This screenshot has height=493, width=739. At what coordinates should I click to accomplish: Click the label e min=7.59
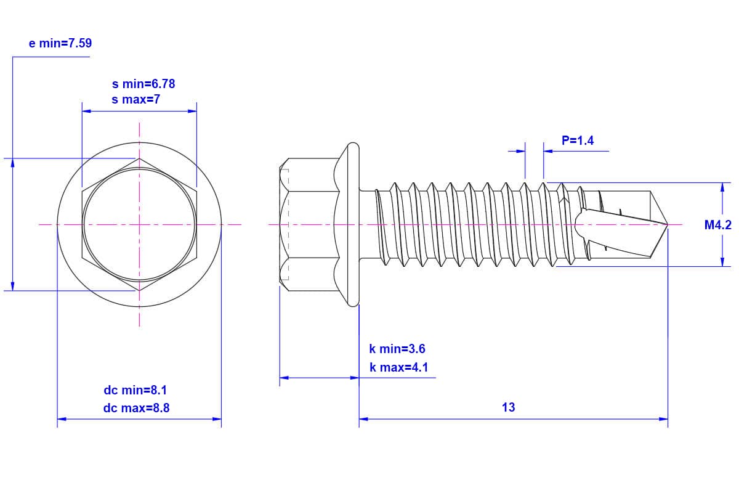click(60, 43)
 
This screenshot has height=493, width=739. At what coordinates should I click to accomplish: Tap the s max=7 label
click(135, 99)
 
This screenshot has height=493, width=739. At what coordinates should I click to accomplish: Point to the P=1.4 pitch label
click(578, 141)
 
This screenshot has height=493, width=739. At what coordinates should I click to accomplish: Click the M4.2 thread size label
click(717, 225)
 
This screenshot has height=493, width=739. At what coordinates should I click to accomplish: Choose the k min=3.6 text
click(397, 349)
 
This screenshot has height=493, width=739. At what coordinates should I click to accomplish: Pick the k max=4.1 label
click(398, 368)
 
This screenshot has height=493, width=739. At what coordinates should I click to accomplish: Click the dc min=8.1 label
click(135, 390)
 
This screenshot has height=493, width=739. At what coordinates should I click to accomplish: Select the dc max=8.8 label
click(136, 407)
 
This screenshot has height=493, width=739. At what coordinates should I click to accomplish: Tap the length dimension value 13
click(508, 407)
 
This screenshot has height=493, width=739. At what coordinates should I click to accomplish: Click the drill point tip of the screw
click(668, 225)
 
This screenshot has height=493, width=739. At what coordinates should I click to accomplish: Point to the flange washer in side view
click(353, 225)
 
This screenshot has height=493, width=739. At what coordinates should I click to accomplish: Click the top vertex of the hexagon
click(139, 158)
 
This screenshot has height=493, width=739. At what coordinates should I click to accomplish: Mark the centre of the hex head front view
click(139, 225)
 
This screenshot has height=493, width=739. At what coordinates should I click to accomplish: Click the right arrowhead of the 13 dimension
click(664, 419)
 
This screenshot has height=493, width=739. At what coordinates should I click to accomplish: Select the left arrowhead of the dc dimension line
click(61, 419)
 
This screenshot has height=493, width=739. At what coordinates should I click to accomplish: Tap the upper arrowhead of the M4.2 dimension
click(722, 186)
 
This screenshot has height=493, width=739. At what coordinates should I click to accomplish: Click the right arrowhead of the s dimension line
click(193, 112)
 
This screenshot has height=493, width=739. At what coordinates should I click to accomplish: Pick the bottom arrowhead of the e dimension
click(12, 286)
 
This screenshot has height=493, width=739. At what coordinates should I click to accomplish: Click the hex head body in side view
click(311, 225)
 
